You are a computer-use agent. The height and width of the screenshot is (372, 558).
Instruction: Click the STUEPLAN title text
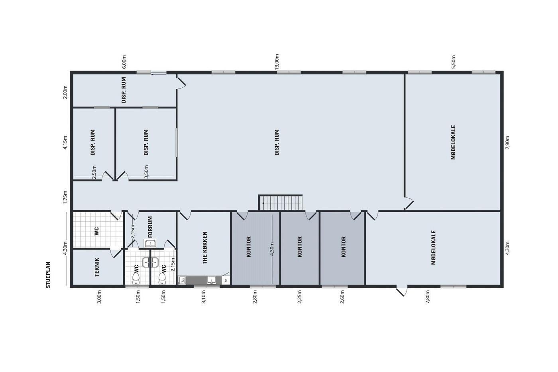pyautogui.click(x=48, y=275)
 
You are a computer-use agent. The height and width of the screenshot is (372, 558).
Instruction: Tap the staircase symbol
pyautogui.click(x=281, y=203)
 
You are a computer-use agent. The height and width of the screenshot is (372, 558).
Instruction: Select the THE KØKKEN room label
pyautogui.click(x=205, y=248)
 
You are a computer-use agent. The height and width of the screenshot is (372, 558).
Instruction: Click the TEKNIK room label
pyautogui.click(x=97, y=267)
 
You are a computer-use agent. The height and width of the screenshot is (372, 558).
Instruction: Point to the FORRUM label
pyautogui.click(x=150, y=227)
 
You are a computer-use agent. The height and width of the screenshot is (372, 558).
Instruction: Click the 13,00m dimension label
pyautogui.click(x=277, y=61)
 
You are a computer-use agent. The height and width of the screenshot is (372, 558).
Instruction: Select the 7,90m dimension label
pyautogui.click(x=507, y=142)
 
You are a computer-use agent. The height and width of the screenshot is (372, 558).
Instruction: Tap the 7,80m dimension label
pyautogui.click(x=427, y=297)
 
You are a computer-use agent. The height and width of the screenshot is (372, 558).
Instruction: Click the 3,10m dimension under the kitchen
pyautogui.click(x=204, y=297)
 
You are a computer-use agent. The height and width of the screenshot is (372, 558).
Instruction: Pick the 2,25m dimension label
pyautogui.click(x=299, y=297)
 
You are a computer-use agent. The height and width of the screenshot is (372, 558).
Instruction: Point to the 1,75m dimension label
pyautogui.click(x=65, y=197)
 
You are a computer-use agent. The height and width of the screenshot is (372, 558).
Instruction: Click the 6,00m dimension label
pyautogui.click(x=124, y=61)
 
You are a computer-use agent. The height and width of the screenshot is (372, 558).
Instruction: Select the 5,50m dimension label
pyautogui.click(x=454, y=61)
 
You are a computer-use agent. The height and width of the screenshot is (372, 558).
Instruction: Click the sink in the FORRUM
pyautogui.click(x=150, y=243)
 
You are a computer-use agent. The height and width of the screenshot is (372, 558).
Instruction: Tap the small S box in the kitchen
pyautogui.click(x=226, y=280)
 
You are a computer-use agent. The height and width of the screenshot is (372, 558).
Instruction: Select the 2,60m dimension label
pyautogui.click(x=342, y=297)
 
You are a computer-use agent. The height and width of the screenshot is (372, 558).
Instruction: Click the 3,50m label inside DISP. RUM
pyautogui.click(x=146, y=172)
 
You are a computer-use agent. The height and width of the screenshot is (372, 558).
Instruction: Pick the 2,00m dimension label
pyautogui.click(x=65, y=92)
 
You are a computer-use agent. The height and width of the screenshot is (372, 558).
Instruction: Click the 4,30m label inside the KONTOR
pyautogui.click(x=271, y=249)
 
